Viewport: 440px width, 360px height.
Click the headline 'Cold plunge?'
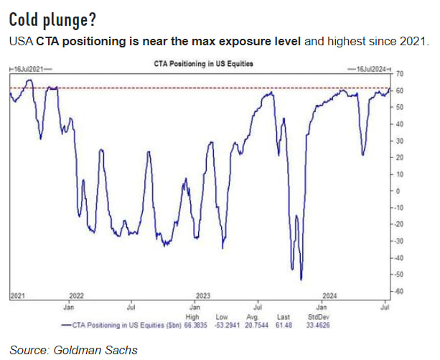pos(49,17)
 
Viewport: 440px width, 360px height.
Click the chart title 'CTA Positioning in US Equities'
pos(204,63)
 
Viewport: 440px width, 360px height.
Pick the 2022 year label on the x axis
pos(77,295)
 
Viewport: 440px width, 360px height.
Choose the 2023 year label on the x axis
pos(203,295)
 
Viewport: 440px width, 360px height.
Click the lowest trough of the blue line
pos(301,279)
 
